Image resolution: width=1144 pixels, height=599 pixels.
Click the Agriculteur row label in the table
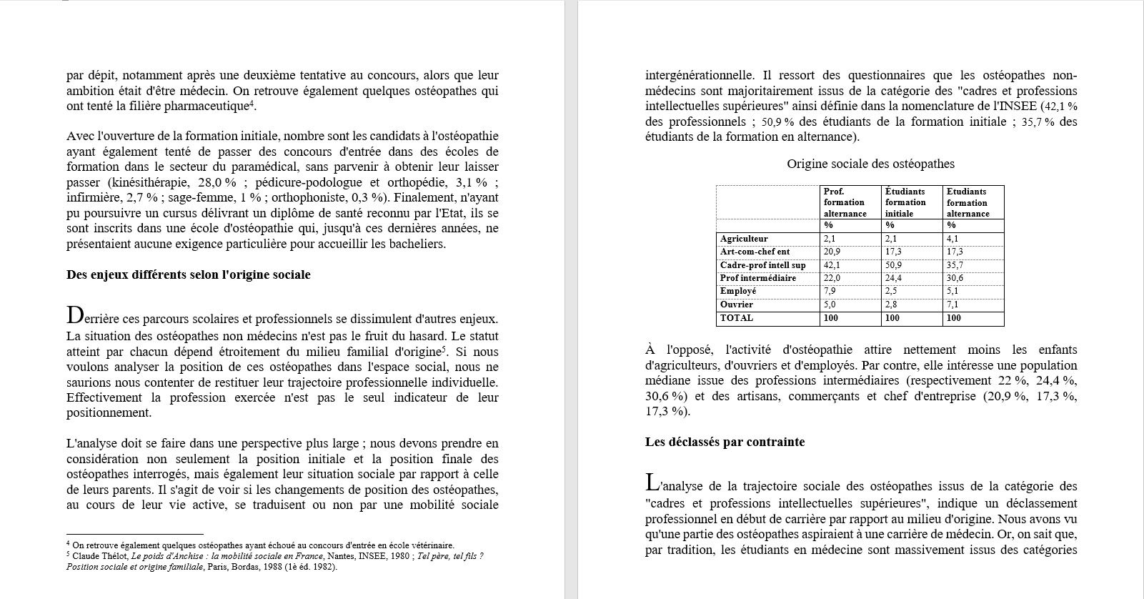[744, 239]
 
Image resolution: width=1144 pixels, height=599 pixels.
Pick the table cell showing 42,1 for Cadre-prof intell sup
[832, 265]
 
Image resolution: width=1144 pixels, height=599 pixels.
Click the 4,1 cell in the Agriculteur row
[953, 239]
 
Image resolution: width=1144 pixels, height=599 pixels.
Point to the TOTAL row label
[737, 317]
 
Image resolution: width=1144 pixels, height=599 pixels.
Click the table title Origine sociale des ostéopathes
[870, 164]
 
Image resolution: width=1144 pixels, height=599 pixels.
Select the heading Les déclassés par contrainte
[725, 442]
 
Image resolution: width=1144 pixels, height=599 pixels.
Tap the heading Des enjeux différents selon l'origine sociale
[188, 274]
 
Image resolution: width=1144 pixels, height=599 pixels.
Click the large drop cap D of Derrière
[74, 315]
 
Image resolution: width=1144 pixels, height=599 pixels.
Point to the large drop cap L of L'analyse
[652, 482]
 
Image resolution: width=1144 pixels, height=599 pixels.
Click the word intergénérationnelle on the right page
[699, 75]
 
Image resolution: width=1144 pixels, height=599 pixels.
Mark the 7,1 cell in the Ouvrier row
[953, 305]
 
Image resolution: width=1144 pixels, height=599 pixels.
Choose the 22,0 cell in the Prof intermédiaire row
[832, 278]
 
